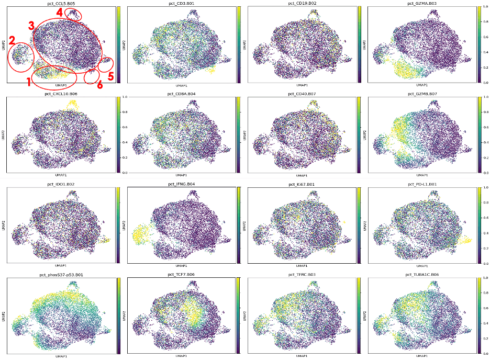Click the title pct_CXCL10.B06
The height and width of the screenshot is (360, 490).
[58, 94]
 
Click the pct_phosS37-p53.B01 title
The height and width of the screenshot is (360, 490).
[60, 274]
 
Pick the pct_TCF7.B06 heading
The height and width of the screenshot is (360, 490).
[179, 274]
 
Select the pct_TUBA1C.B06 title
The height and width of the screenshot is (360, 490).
[421, 274]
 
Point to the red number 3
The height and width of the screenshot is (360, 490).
[31, 25]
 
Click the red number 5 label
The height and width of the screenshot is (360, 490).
[110, 76]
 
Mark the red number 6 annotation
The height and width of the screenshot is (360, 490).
[99, 84]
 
